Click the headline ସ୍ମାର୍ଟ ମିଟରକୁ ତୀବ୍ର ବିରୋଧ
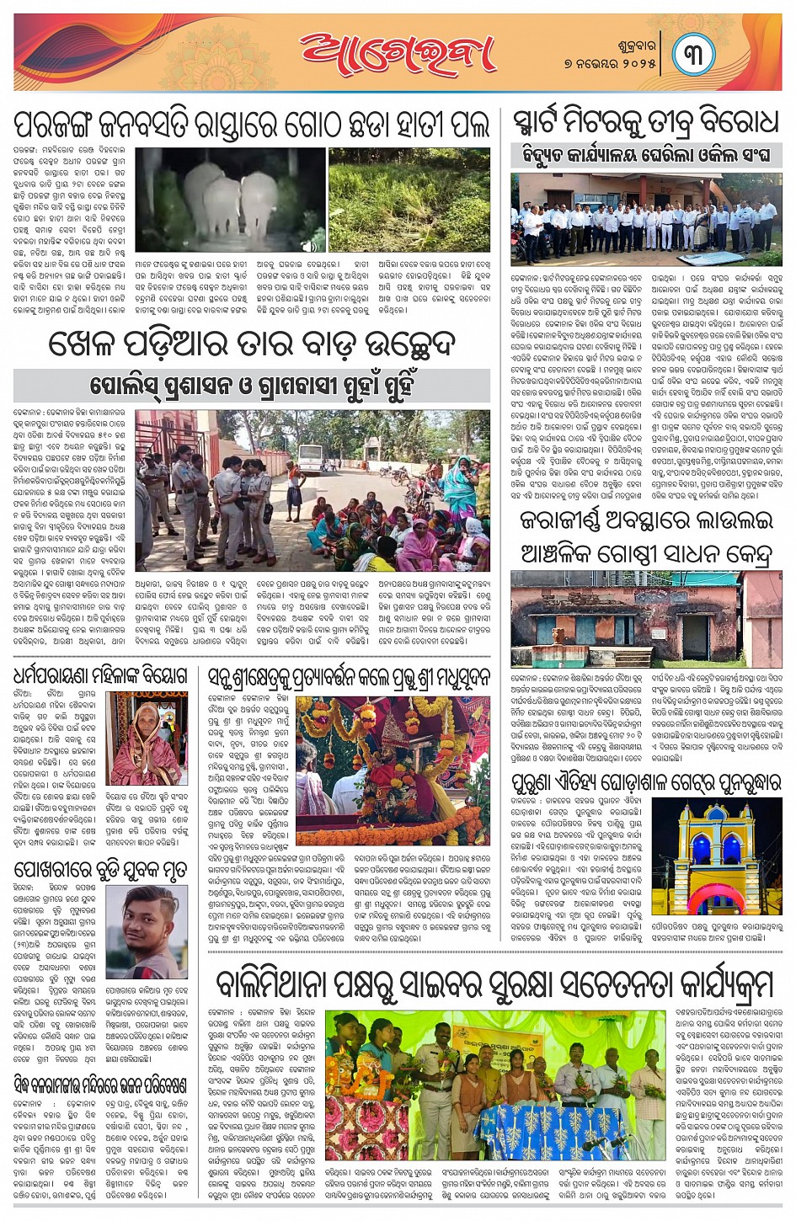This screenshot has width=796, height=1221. click(x=645, y=124)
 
